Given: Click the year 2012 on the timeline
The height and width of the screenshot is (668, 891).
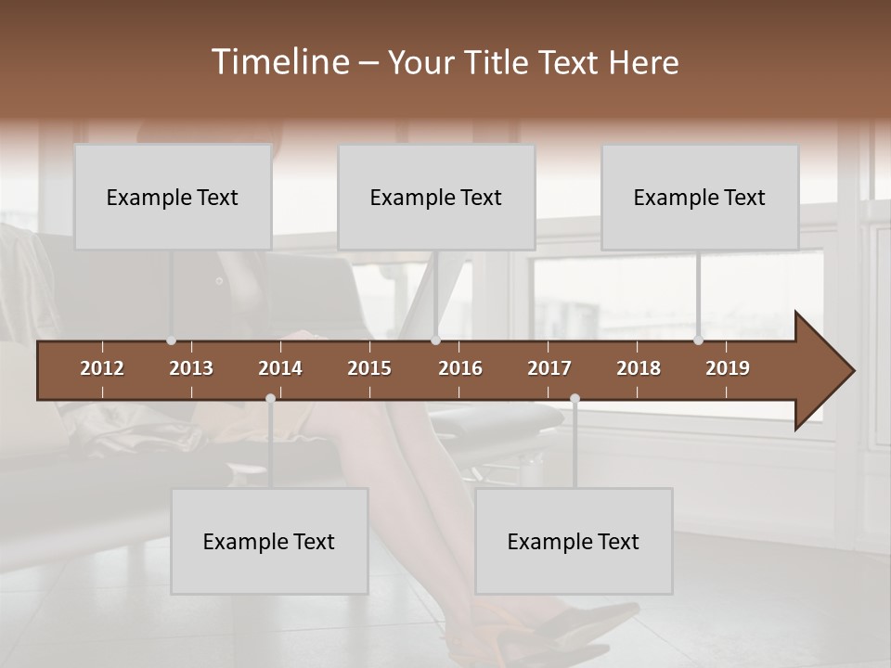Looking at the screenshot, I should [x=102, y=368].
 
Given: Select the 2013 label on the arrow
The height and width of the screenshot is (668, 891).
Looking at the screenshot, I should [x=191, y=368].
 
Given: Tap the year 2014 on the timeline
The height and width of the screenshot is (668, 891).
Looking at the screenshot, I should [x=280, y=368].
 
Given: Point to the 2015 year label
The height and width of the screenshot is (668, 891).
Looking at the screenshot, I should [x=369, y=368].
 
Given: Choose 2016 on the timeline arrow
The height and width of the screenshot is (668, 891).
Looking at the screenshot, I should [x=460, y=368].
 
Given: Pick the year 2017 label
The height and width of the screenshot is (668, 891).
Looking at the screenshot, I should [x=549, y=368].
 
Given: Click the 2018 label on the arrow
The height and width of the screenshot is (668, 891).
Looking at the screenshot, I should [x=639, y=368].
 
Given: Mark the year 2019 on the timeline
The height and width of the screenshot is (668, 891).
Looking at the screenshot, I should [x=728, y=368].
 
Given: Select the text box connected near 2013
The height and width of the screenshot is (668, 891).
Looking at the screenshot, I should [x=173, y=197].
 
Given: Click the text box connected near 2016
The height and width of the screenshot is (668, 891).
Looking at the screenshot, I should [x=436, y=197].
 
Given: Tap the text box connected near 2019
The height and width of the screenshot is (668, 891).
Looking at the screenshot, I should [x=700, y=197].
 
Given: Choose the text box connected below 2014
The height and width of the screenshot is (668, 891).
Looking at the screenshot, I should [x=269, y=541].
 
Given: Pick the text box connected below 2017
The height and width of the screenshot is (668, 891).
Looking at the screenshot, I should [x=574, y=541].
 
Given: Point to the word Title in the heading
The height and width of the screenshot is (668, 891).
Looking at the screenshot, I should [x=500, y=62].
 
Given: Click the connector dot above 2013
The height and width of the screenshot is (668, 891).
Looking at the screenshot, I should [x=171, y=340].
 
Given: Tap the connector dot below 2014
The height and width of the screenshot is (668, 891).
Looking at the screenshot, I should [x=270, y=399].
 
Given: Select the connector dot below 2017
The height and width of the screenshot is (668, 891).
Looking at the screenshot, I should [x=575, y=399].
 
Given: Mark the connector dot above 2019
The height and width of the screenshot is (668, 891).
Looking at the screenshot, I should [x=698, y=340].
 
